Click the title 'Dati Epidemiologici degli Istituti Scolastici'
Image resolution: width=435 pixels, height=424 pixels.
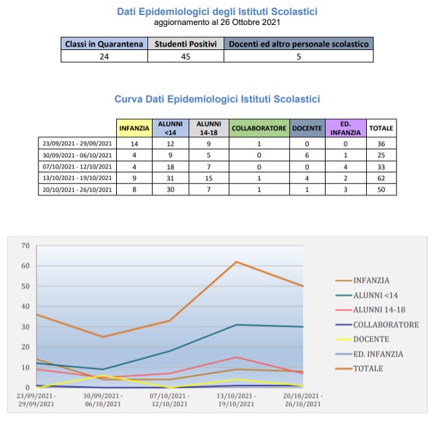pyautogui.click(x=217, y=11)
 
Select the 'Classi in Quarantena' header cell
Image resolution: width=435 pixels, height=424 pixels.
pyautogui.click(x=105, y=44)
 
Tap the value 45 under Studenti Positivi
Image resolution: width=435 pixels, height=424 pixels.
pyautogui.click(x=186, y=57)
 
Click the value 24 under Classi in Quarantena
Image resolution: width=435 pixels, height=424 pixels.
pyautogui.click(x=105, y=57)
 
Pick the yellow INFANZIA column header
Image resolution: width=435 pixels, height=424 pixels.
pyautogui.click(x=134, y=128)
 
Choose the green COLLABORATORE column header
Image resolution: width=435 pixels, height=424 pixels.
pyautogui.click(x=259, y=128)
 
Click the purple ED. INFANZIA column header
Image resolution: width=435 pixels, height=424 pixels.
pyautogui.click(x=345, y=128)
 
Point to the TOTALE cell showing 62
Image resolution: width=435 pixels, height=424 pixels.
pyautogui.click(x=382, y=178)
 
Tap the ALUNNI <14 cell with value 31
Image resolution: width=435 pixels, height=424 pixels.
pyautogui.click(x=172, y=178)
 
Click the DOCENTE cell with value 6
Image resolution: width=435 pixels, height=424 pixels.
pyautogui.click(x=307, y=155)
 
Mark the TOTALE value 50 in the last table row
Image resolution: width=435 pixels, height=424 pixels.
pyautogui.click(x=382, y=190)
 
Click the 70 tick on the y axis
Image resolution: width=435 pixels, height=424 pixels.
pyautogui.click(x=25, y=245)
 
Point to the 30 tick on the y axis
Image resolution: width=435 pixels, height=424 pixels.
pyautogui.click(x=25, y=327)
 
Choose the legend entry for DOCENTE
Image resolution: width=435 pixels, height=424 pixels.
pyautogui.click(x=370, y=339)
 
